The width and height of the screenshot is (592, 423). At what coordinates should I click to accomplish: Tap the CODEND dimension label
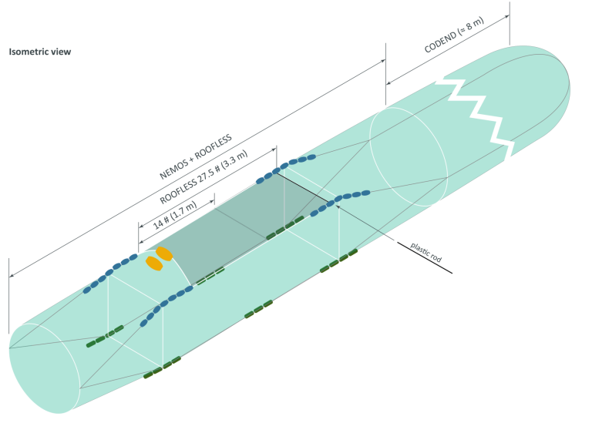454,35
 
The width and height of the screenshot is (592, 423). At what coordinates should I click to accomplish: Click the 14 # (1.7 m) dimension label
175,216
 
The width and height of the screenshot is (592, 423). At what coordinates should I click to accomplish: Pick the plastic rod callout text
425,252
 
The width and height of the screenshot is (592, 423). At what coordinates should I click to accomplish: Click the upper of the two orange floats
164,253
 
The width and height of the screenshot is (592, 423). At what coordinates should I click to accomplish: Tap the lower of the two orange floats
154,264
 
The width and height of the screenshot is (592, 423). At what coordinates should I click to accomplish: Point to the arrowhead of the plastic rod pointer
338,206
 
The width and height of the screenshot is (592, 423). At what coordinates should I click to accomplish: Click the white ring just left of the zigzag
409,157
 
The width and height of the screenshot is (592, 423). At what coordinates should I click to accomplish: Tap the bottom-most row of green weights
163,368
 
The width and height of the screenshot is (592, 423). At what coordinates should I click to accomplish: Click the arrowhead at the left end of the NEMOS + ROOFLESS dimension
12,276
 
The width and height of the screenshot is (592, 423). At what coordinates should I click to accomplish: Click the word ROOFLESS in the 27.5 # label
178,190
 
